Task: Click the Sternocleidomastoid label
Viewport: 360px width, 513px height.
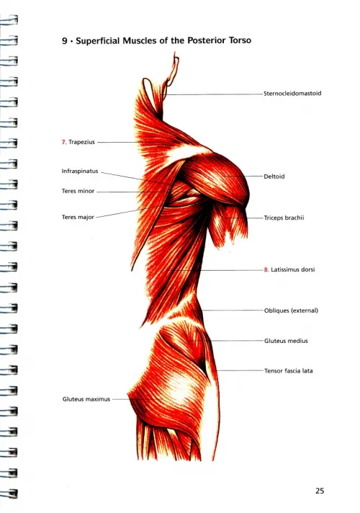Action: [292, 93]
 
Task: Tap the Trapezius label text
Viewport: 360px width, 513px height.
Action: [81, 142]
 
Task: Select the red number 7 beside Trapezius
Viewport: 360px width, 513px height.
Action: [64, 142]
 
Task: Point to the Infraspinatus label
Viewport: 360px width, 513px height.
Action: [80, 171]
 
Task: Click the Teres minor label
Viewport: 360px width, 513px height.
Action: [78, 191]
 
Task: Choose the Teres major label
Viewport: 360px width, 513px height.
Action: [78, 218]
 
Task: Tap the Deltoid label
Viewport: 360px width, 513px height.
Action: [274, 177]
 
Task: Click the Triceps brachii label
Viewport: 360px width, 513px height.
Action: [284, 218]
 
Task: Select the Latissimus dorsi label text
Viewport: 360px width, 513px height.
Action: [292, 269]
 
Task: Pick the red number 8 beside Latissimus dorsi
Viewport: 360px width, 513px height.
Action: [266, 270]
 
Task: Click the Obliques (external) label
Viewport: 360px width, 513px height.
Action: [291, 311]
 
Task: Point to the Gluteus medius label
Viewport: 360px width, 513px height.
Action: [286, 341]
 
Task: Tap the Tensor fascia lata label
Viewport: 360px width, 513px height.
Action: [289, 371]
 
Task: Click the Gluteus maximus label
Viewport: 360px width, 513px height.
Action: [86, 399]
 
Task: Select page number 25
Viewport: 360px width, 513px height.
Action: [320, 491]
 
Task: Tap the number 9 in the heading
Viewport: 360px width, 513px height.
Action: [64, 41]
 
